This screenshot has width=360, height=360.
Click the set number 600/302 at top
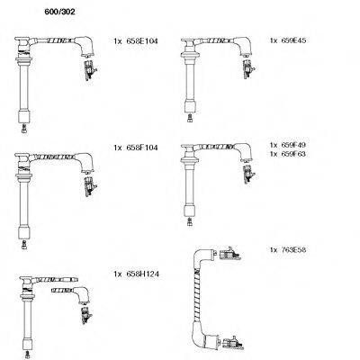point(59,12)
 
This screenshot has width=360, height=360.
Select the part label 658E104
point(142,41)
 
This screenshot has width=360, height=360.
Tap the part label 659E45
point(293,40)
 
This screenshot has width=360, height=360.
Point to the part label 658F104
point(142,148)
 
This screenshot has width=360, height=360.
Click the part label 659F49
point(293,145)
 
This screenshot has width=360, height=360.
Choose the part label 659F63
point(293,154)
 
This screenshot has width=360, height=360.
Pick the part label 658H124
point(143,274)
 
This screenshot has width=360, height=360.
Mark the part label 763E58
point(293,249)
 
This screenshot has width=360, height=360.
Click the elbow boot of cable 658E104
point(85,46)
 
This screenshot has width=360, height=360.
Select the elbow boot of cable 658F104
point(85,163)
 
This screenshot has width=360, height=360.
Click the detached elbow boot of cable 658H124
point(82,295)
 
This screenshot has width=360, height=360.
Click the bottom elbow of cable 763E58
point(203,338)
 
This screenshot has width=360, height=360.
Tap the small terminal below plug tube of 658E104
point(24,129)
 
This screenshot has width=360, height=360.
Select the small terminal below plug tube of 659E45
point(189,118)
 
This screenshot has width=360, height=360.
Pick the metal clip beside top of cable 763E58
point(230,254)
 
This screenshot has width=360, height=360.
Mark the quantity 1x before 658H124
point(118,274)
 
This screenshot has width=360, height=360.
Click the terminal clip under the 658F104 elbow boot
point(90,187)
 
